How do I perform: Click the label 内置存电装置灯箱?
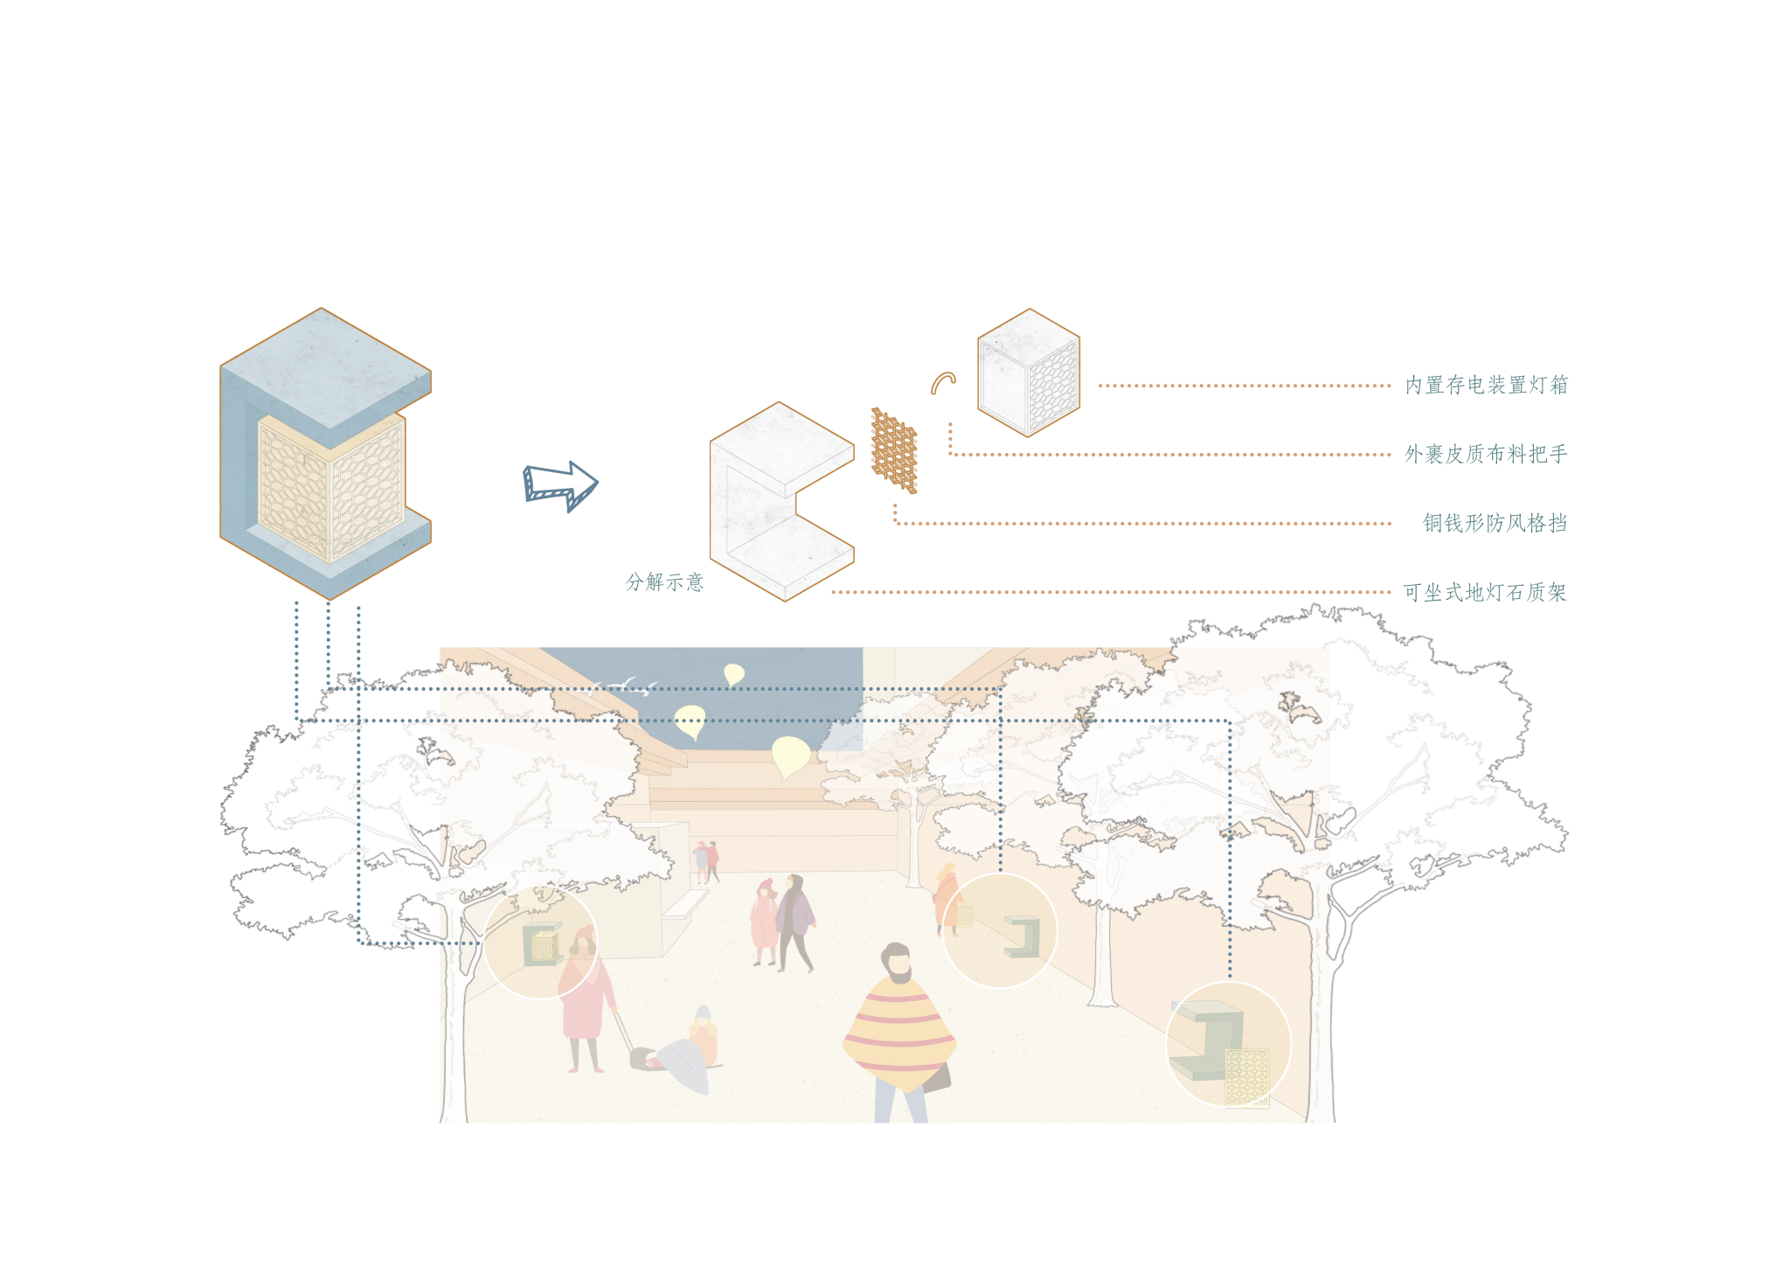pyautogui.click(x=1486, y=386)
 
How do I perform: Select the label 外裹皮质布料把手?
pyautogui.click(x=1486, y=455)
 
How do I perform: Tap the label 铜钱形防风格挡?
pyautogui.click(x=1494, y=523)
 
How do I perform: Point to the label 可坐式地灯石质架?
pyautogui.click(x=1485, y=593)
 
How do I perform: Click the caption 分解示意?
pyautogui.click(x=664, y=582)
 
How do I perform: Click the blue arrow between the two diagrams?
pyautogui.click(x=560, y=485)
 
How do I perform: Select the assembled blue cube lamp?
pyautogui.click(x=325, y=453)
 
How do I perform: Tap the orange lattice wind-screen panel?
pyautogui.click(x=893, y=451)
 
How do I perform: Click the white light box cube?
pyautogui.click(x=1028, y=373)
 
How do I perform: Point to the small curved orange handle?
pyautogui.click(x=942, y=382)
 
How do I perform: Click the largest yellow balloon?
pyautogui.click(x=789, y=755)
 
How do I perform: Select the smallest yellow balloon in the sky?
pyautogui.click(x=733, y=674)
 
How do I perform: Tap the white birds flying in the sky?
pyautogui.click(x=625, y=685)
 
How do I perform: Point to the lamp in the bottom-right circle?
pyautogui.click(x=1224, y=1049)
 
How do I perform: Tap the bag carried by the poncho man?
pyautogui.click(x=937, y=1077)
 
